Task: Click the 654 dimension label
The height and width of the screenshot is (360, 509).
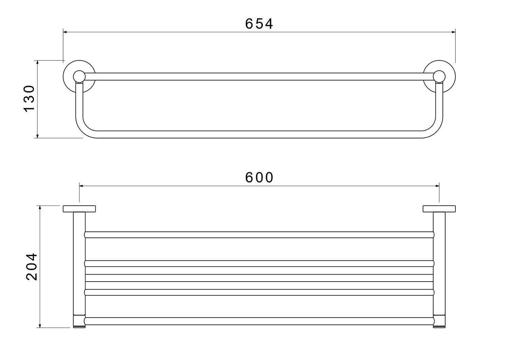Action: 259,24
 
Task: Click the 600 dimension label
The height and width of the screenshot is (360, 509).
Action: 259,177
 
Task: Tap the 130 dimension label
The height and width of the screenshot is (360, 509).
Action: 29,99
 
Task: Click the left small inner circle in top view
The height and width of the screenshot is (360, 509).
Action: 79,76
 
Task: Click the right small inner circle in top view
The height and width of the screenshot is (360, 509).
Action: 439,76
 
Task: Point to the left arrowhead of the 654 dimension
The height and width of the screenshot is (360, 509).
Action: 65,32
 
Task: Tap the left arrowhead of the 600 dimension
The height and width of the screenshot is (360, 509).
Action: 81,186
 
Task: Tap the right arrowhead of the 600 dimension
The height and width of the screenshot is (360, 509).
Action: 437,186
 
